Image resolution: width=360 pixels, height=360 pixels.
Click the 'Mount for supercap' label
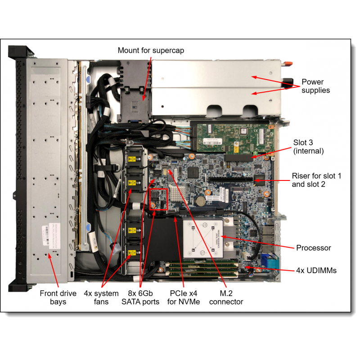[151, 50]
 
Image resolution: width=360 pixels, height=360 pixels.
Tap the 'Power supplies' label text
[315, 86]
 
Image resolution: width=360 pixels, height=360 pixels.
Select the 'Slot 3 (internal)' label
[309, 147]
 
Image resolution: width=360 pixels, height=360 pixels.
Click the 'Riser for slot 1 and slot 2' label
[316, 180]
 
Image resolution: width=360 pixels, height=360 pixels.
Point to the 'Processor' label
[313, 247]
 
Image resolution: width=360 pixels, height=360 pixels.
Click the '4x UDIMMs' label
[316, 270]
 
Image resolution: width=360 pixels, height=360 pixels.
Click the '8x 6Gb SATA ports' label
[140, 297]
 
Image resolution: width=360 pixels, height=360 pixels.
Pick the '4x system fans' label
[101, 297]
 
